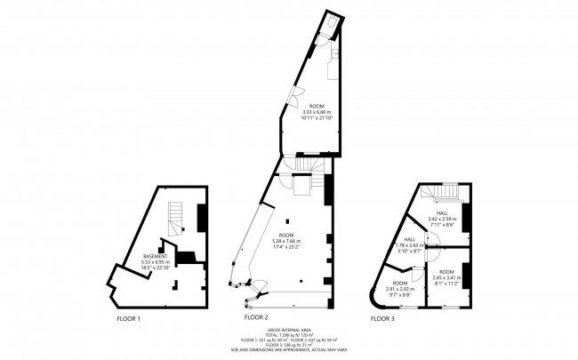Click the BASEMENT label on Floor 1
pyautogui.click(x=155, y=256)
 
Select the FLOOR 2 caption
pyautogui.click(x=256, y=317)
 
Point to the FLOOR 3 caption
pyautogui.click(x=383, y=317)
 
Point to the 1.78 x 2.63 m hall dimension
pyautogui.click(x=412, y=246)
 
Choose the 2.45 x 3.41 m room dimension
pyautogui.click(x=446, y=277)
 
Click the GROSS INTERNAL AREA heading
pyautogui.click(x=289, y=331)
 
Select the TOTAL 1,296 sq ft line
pyautogui.click(x=289, y=336)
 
